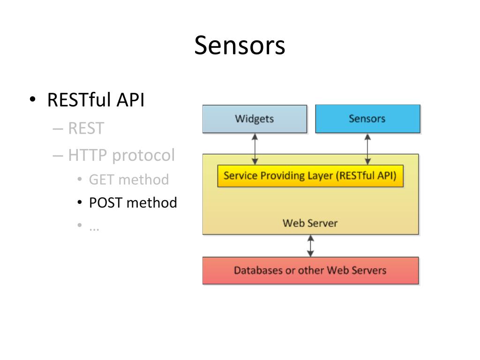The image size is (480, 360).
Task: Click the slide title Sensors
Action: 240,45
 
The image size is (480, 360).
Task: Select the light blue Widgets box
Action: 255,119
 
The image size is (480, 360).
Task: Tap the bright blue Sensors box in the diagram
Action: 367,119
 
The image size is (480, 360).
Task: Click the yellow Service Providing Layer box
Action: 310,176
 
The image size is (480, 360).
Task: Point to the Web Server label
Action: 310,223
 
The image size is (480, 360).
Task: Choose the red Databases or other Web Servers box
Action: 310,270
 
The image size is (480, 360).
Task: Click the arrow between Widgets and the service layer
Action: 255,149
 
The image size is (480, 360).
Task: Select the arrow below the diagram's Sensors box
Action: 367,149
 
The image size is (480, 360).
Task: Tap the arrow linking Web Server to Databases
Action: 310,246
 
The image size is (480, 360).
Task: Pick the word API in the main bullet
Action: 131,100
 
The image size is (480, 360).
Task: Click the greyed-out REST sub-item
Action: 86,128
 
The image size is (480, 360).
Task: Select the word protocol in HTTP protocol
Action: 143,156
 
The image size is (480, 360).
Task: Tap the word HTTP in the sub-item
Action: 87,155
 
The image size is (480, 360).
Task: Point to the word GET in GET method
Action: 101,180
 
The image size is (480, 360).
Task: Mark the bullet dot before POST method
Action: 80,202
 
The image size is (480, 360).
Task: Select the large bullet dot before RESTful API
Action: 33,99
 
